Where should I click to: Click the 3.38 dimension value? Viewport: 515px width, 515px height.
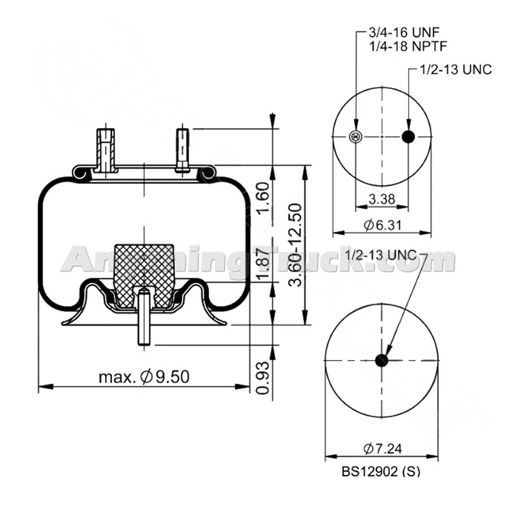tap(382, 198)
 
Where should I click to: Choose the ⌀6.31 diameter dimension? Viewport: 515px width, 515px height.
tap(382, 225)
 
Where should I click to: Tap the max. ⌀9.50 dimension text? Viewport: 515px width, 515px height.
tap(144, 377)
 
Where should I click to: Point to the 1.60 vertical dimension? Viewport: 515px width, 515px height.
tap(262, 200)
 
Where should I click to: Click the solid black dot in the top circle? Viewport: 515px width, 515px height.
tap(408, 136)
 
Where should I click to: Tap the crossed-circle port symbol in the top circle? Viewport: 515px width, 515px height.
tap(355, 136)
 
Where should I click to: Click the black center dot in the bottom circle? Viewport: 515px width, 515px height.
tap(381, 360)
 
